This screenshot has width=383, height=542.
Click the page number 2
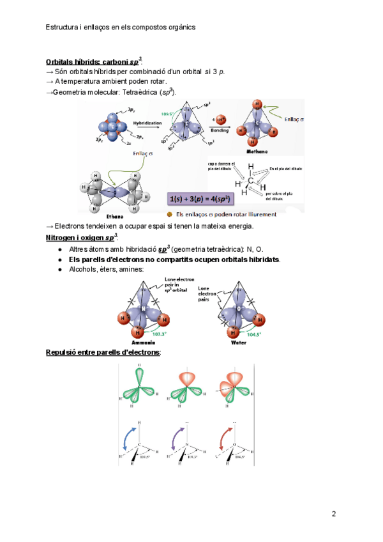(x=333, y=514)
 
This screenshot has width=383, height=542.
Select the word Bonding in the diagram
(x=221, y=130)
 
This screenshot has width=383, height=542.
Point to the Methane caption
(x=255, y=152)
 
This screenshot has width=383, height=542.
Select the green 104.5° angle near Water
(x=253, y=334)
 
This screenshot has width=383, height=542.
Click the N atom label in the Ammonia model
(x=144, y=309)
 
